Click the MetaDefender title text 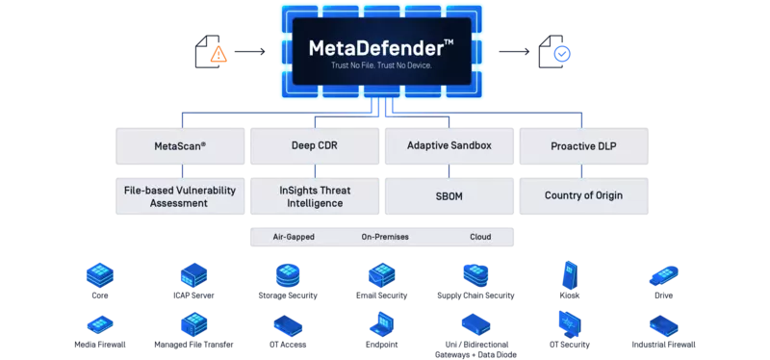tap(376, 47)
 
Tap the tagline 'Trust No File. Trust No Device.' tap(382, 66)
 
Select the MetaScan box tap(181, 146)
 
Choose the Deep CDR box tap(314, 146)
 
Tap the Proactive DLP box tap(583, 146)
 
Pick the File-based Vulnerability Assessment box tap(181, 196)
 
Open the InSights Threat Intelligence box tap(314, 196)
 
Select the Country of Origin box tap(583, 196)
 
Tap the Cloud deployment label tap(479, 236)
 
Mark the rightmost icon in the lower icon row tap(663, 327)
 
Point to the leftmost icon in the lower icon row tap(100, 327)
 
